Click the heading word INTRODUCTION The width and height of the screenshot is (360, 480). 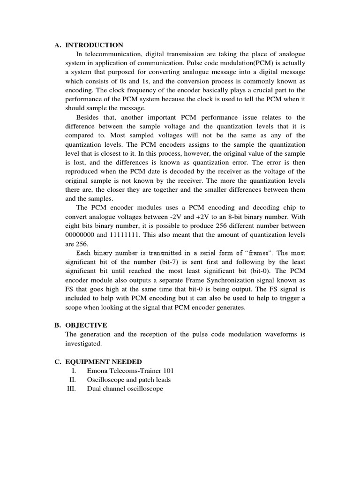(x=94, y=45)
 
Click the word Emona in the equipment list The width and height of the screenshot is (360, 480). (x=97, y=370)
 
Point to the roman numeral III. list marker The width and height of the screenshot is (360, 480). (x=71, y=389)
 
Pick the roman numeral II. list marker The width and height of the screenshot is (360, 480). (x=73, y=380)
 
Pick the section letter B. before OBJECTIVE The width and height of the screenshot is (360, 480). (x=58, y=325)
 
